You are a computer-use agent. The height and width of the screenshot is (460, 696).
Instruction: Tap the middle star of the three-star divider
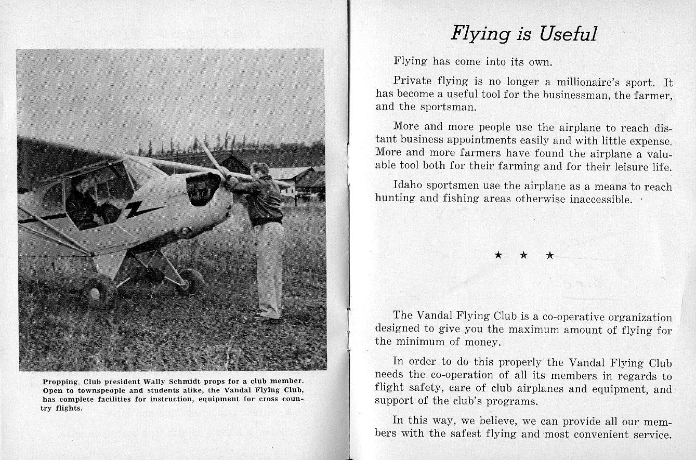point(523,255)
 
